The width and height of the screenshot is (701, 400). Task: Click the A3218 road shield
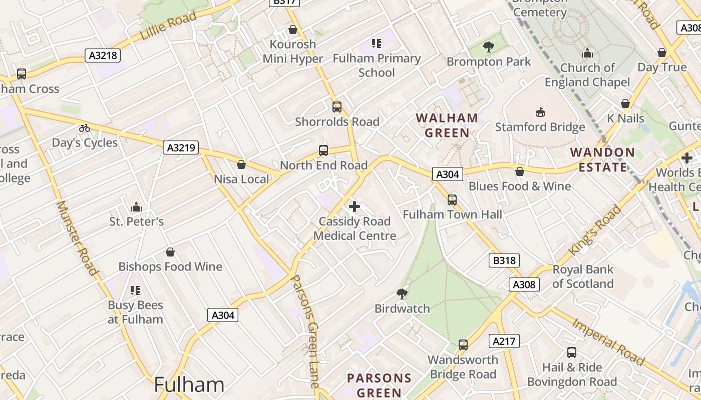click(103, 55)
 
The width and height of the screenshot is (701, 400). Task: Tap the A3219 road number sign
click(181, 147)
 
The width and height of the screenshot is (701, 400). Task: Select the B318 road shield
click(504, 260)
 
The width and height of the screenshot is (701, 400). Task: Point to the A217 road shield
click(504, 341)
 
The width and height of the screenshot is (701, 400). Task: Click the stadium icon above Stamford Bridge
click(540, 111)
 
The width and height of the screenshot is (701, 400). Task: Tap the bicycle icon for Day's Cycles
click(85, 128)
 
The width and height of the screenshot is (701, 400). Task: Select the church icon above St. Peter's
click(136, 206)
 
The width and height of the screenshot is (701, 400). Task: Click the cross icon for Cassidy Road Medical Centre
click(355, 206)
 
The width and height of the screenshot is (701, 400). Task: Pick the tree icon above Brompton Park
click(488, 47)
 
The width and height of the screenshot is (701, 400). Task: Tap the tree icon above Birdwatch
click(402, 293)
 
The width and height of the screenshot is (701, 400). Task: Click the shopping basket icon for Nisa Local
click(241, 164)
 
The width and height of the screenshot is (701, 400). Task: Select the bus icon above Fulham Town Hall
click(452, 200)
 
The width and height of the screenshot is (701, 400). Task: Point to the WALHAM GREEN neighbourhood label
click(447, 125)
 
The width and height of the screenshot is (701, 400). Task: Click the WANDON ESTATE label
click(602, 159)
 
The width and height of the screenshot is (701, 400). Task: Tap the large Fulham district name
click(189, 385)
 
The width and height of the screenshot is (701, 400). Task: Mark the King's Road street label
click(595, 230)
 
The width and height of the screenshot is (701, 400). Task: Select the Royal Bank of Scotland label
click(582, 276)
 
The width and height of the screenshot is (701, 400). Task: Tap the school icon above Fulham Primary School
click(376, 43)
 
